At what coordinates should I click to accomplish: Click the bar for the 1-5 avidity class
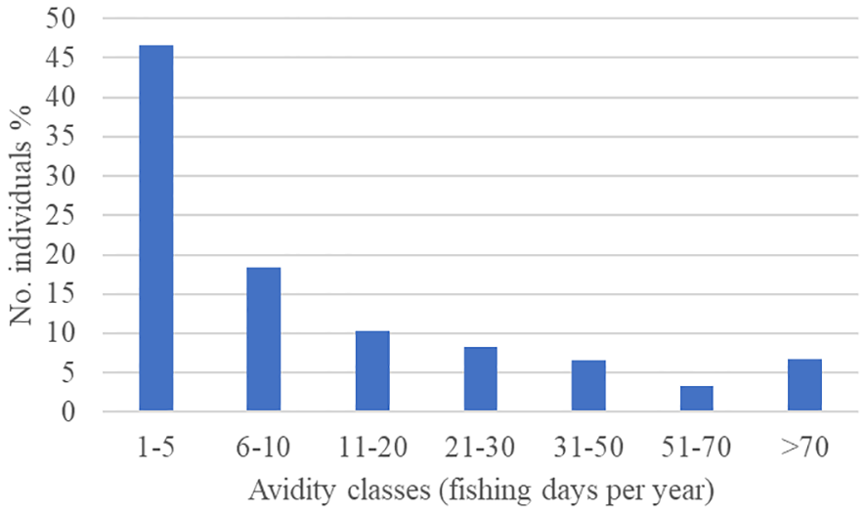pos(155,229)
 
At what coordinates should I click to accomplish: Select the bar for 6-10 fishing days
pos(264,339)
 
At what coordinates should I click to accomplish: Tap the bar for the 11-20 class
pos(372,371)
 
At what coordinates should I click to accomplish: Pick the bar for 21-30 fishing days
pos(480,379)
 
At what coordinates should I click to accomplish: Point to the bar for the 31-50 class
pos(588,386)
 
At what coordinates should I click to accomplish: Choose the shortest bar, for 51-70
pos(697,399)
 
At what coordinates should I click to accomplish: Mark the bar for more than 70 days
pos(804,385)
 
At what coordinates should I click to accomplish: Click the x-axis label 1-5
pos(155,449)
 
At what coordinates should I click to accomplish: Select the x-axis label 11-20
pos(372,449)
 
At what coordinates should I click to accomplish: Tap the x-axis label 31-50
pos(588,449)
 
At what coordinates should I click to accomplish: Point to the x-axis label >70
pos(804,449)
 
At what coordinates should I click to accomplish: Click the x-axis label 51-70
pos(697,449)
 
